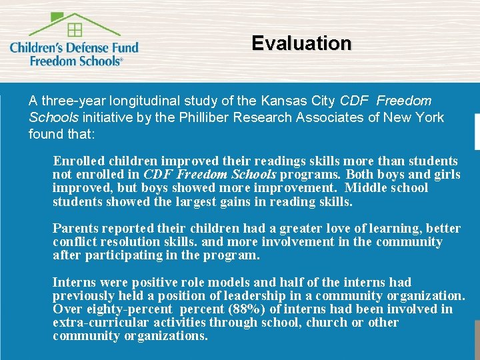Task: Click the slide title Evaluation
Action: click(301, 43)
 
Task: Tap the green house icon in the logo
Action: click(74, 24)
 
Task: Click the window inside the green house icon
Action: click(75, 29)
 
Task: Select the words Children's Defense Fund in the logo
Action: click(74, 47)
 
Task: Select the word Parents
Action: click(75, 228)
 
